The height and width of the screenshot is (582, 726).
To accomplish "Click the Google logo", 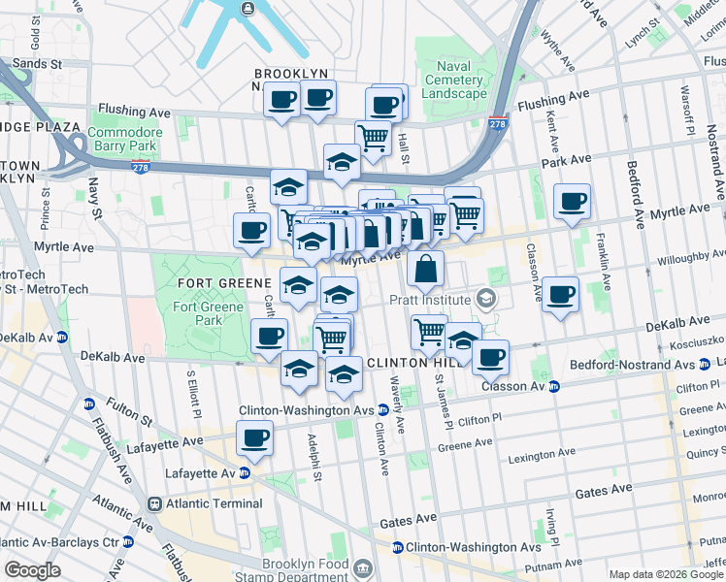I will coord(32,569).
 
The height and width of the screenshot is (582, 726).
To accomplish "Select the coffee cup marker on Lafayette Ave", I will coord(255,438).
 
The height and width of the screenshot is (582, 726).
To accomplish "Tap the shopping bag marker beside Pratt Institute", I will coord(426,270).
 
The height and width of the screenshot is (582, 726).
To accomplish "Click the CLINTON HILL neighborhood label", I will coord(409,363).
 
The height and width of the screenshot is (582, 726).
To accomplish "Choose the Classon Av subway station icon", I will coord(554,386).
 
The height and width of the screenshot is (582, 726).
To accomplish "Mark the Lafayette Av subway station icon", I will coord(245,472).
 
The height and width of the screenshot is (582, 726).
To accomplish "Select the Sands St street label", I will coord(39,63).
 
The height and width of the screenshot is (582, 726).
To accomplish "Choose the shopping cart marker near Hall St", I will coord(372,137).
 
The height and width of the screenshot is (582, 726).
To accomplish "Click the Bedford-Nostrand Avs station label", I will coord(632,365).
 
